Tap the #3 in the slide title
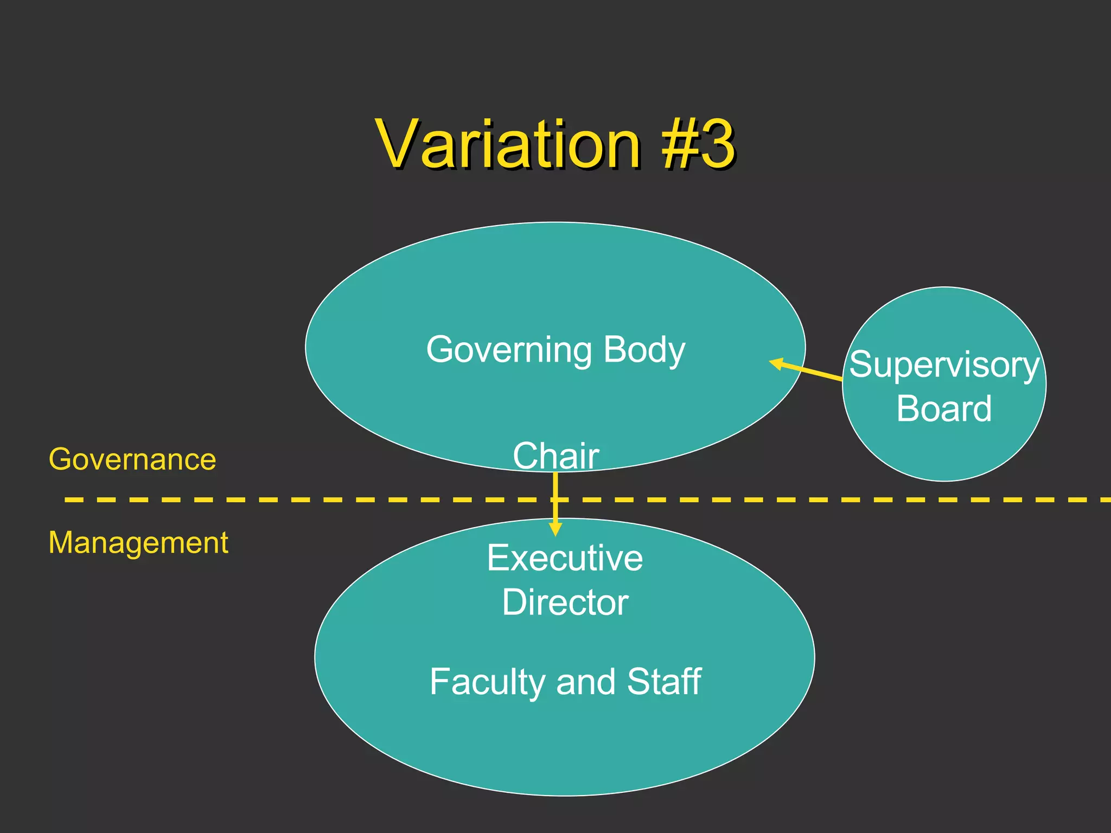pos(698,144)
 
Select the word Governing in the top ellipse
pos(508,350)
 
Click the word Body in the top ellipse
pos(644,350)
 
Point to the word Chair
pos(555,456)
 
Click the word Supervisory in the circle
pos(944,365)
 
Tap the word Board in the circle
pos(944,408)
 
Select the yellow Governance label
pos(132,459)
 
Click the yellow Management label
pos(138,542)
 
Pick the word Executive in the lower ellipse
pos(565,558)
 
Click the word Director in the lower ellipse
pos(565,603)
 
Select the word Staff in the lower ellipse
pos(664,682)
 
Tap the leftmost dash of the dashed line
pos(74,499)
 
